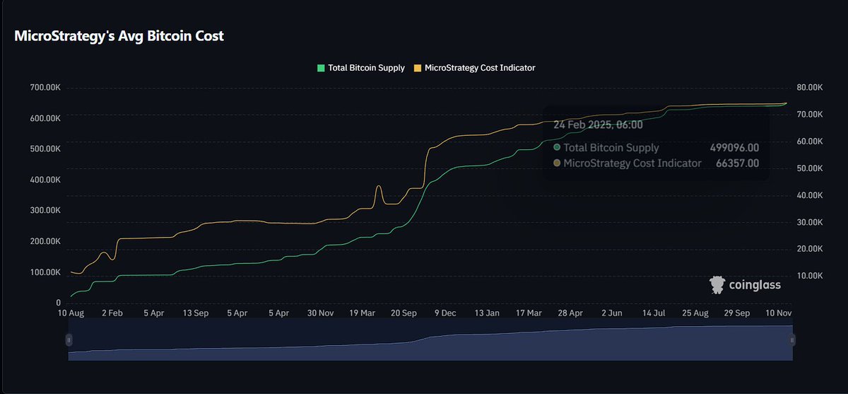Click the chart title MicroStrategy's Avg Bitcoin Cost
point(119,35)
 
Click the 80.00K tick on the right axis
point(810,88)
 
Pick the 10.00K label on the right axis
point(810,276)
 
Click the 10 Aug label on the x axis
point(71,312)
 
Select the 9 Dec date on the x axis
point(445,312)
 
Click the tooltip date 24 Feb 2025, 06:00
point(598,124)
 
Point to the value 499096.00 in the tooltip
point(734,148)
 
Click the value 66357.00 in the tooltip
point(737,163)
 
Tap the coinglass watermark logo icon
point(717,285)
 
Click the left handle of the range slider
point(69,340)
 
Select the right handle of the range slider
point(792,340)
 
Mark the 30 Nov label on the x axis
point(321,312)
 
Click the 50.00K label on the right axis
point(810,168)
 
